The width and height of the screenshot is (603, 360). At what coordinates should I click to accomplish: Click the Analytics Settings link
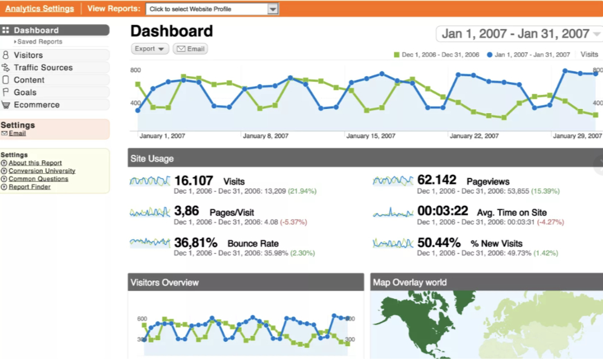tap(39, 8)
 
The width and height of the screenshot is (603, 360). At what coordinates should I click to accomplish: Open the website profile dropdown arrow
tap(273, 8)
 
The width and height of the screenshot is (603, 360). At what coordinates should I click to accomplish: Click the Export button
tap(149, 49)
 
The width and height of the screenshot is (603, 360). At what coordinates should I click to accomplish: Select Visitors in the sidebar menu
tap(28, 55)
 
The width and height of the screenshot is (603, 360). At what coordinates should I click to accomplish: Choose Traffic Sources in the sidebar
tap(43, 68)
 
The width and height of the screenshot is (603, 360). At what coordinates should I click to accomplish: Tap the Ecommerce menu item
tap(36, 105)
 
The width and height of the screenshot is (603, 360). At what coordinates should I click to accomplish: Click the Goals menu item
tap(25, 93)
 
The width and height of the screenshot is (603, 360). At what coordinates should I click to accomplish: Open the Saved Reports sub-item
tap(39, 42)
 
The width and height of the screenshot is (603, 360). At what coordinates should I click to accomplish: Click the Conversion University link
tap(42, 171)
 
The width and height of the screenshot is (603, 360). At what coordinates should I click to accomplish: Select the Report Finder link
tap(29, 187)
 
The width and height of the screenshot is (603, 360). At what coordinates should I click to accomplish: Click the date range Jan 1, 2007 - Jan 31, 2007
tap(515, 34)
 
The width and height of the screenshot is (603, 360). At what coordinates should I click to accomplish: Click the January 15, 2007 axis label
tap(370, 136)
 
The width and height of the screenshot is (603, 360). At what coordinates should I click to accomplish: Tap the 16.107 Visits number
tap(194, 181)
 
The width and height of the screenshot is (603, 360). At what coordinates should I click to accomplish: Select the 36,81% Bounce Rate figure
tap(195, 243)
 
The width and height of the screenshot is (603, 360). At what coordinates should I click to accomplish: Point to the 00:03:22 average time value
tap(443, 212)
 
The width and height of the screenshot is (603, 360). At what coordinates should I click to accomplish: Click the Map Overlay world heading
tap(409, 283)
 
